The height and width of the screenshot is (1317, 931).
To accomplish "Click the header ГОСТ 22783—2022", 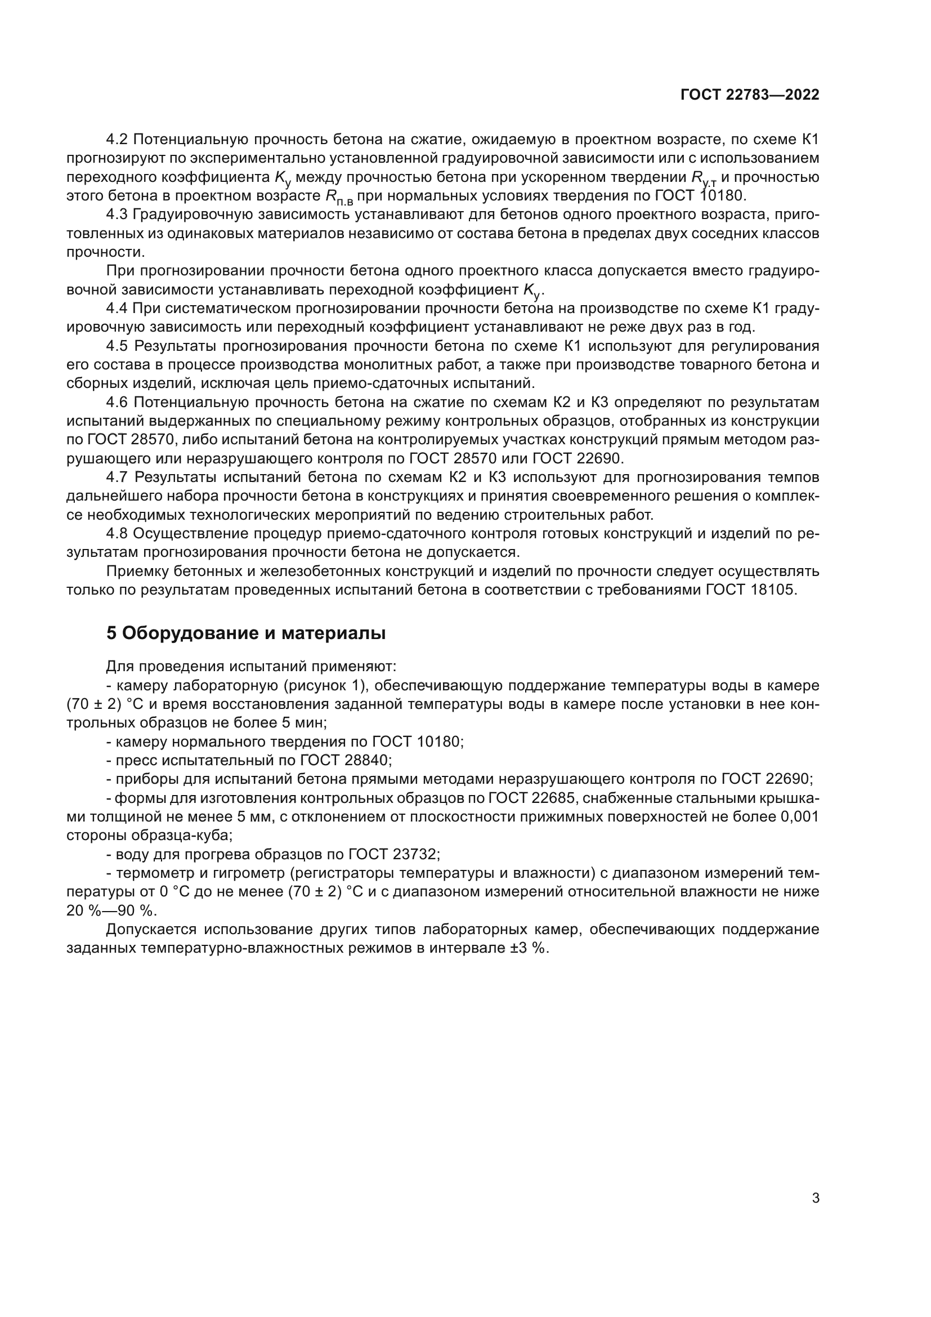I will [x=749, y=95].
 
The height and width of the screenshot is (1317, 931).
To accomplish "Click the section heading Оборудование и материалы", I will [x=246, y=633].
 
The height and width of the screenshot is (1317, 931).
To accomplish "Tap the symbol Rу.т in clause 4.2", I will [x=703, y=178].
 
